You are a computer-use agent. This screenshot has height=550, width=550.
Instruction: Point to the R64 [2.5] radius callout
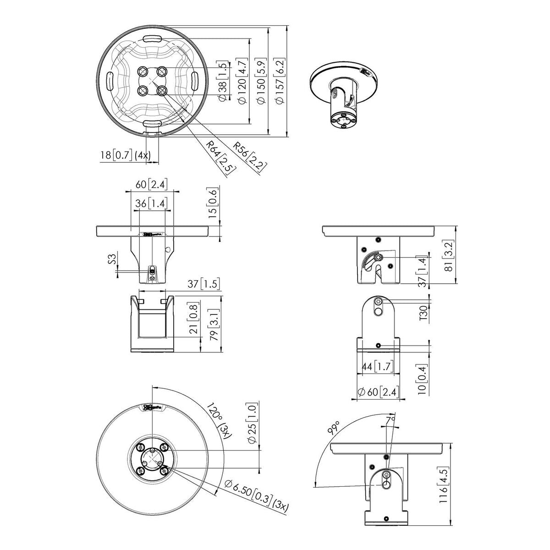(x=221, y=157)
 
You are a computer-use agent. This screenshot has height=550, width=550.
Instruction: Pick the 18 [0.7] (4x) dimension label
(x=125, y=155)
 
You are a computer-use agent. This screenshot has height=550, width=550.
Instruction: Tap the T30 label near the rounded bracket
(x=424, y=314)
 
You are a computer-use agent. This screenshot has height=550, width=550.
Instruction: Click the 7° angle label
(x=390, y=419)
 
